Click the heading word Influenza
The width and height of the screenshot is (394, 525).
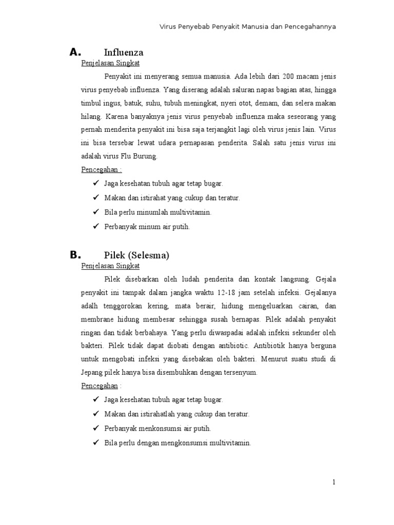(124, 52)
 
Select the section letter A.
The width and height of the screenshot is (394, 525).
(75, 52)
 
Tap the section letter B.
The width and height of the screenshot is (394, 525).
(75, 255)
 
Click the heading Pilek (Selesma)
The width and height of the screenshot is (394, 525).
(136, 255)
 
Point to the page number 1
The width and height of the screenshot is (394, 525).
(333, 482)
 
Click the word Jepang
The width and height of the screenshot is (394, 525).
(92, 373)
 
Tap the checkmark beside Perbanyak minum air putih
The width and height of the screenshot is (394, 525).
(95, 226)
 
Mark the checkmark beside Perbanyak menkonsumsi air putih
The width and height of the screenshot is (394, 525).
(95, 428)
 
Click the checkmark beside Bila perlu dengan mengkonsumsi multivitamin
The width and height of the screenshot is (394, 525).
(95, 442)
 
